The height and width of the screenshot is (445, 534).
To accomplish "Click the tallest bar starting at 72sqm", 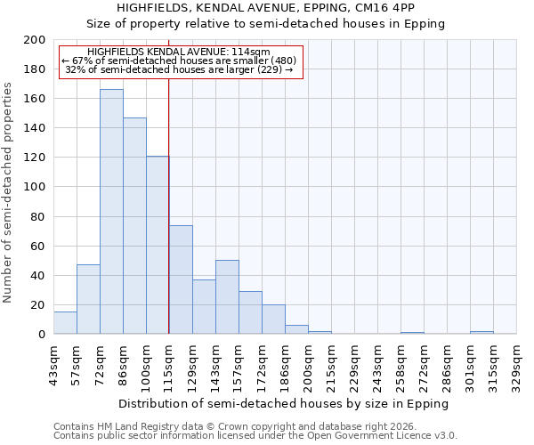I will click(111, 212).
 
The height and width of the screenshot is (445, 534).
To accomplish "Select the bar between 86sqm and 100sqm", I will click(134, 226).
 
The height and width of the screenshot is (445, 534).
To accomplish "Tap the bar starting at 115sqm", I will click(181, 279).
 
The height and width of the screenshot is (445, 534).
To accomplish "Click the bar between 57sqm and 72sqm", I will click(88, 299).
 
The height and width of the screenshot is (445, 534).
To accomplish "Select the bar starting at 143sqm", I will click(227, 297).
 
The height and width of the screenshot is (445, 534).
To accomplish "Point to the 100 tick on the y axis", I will click(35, 187).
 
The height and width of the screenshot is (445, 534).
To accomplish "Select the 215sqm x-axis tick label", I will click(331, 365).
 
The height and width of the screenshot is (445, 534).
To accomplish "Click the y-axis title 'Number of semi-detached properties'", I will click(9, 192).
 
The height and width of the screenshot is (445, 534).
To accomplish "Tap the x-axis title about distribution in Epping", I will click(284, 403).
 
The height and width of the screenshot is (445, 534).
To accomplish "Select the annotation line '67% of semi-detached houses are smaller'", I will click(179, 61).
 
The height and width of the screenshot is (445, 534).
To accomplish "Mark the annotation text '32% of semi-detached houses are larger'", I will click(179, 69).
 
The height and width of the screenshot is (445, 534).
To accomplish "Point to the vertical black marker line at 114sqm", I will click(168, 205).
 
